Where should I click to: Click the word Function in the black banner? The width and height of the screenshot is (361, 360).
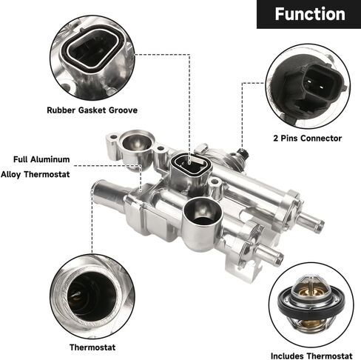click(x=310, y=14)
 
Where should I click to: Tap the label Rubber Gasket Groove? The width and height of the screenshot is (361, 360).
click(x=92, y=110)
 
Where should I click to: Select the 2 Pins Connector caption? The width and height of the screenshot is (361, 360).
click(x=308, y=139)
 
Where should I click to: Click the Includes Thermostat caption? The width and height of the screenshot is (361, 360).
click(x=311, y=356)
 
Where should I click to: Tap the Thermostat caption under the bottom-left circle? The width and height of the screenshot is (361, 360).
click(x=92, y=347)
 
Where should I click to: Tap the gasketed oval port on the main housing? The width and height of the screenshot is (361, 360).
click(x=192, y=164)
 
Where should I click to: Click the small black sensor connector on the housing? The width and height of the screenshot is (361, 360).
click(x=243, y=153)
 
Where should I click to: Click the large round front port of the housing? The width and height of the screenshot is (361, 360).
click(x=203, y=213)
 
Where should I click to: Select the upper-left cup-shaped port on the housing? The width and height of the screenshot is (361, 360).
click(x=136, y=143)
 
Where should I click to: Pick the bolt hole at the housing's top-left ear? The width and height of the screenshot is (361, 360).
click(x=113, y=137)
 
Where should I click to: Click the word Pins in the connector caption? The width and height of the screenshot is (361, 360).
click(x=290, y=139)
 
